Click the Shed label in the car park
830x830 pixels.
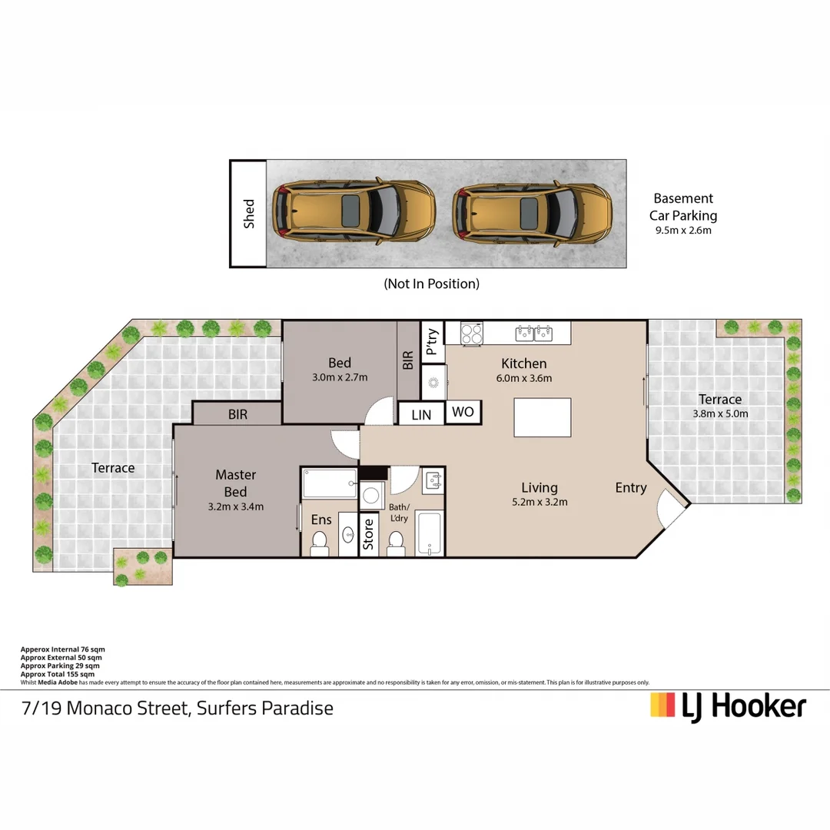[x=249, y=214]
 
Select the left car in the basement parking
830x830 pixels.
[x=355, y=213]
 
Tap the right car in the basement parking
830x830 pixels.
[x=533, y=213]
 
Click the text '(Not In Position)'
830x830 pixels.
[x=431, y=284]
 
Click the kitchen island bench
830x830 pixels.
[x=543, y=417]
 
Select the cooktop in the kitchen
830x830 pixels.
[x=471, y=333]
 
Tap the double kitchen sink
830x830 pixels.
[x=534, y=333]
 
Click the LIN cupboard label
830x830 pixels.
[x=422, y=415]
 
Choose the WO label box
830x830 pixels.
[x=463, y=412]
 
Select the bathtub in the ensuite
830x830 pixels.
[x=329, y=483]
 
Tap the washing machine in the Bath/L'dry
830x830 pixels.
[x=372, y=495]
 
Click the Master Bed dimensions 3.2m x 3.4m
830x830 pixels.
[x=236, y=506]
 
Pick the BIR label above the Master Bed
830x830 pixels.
[x=237, y=414]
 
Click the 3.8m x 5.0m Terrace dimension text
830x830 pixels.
[x=720, y=413]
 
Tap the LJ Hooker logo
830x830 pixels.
[x=728, y=705]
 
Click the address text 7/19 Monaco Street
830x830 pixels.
[x=178, y=707]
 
